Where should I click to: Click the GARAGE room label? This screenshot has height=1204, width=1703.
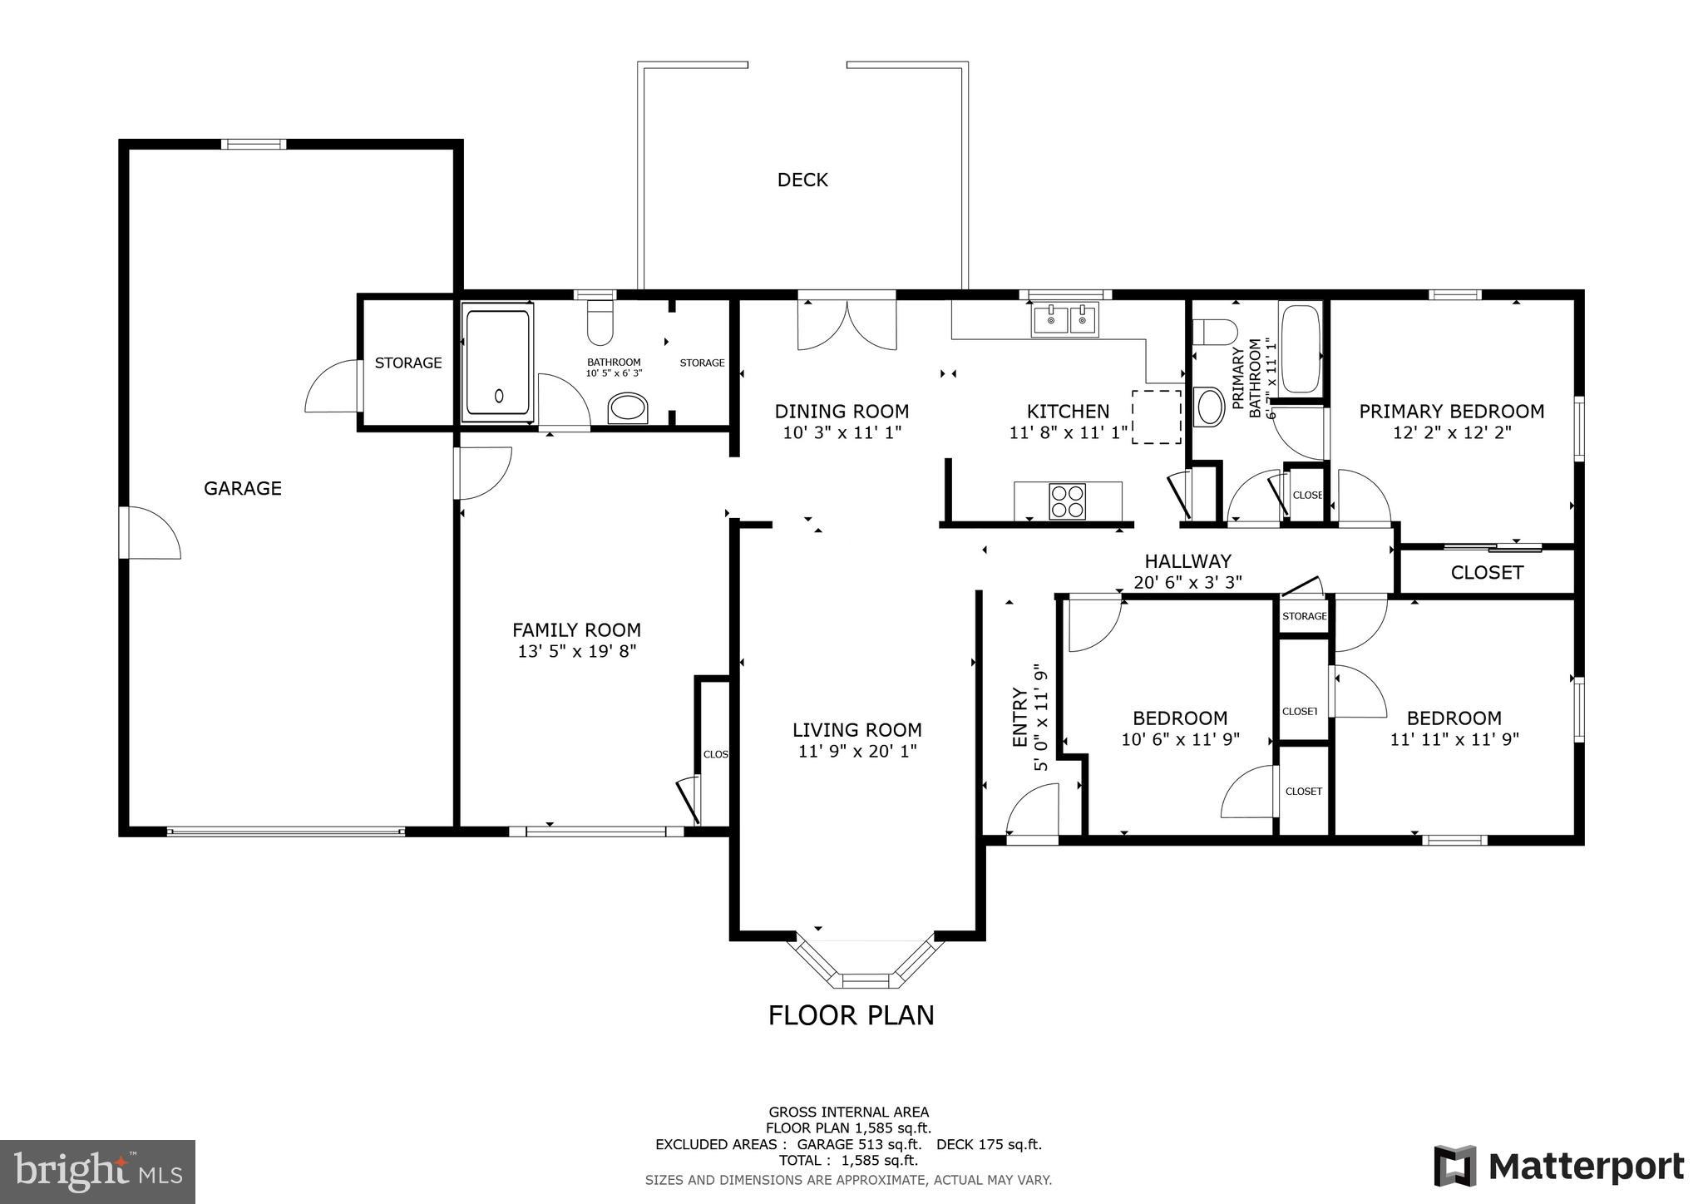pos(243,489)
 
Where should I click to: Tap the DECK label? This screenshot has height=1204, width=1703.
pos(802,180)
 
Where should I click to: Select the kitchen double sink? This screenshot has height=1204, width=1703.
pos(1064,319)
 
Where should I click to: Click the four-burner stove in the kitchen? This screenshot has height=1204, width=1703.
pos(1067,501)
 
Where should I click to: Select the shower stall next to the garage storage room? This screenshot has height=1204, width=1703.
pos(497,363)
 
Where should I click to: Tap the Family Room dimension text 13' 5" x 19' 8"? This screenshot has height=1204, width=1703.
pos(576,651)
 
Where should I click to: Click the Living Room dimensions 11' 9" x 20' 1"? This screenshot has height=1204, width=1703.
pos(856,751)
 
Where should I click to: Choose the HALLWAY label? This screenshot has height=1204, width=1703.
pos(1187,561)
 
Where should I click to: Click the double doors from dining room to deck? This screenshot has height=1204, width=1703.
pos(847,326)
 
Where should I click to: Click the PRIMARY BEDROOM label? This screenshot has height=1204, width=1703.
pos(1451,412)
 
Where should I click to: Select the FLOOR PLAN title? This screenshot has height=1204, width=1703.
pos(851,1015)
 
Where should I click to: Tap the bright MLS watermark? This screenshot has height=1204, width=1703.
pos(97,1172)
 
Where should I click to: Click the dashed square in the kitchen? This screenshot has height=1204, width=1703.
pos(1156,417)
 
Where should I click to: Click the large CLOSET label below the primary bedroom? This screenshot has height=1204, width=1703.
pos(1487,573)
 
